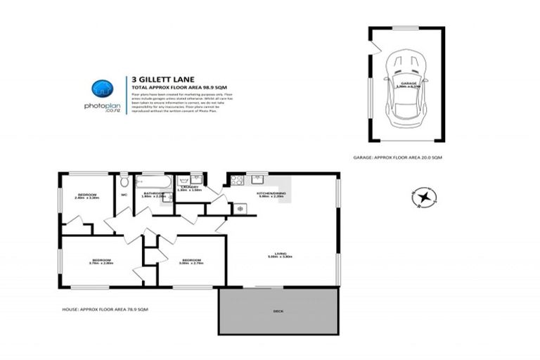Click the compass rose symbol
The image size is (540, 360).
pyautogui.click(x=424, y=198)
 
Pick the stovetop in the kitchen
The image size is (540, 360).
pyautogui.click(x=237, y=181)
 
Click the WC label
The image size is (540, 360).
pyautogui.click(x=124, y=195)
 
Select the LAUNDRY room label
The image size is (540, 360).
pyautogui.click(x=188, y=187)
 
